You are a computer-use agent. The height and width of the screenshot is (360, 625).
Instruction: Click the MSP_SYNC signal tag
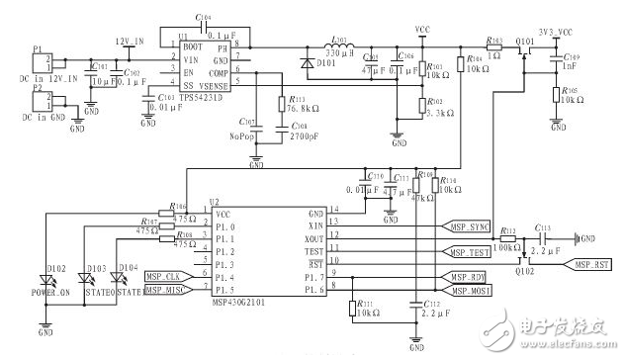tap(467, 226)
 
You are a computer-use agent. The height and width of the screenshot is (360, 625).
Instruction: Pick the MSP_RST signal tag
tap(592, 264)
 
